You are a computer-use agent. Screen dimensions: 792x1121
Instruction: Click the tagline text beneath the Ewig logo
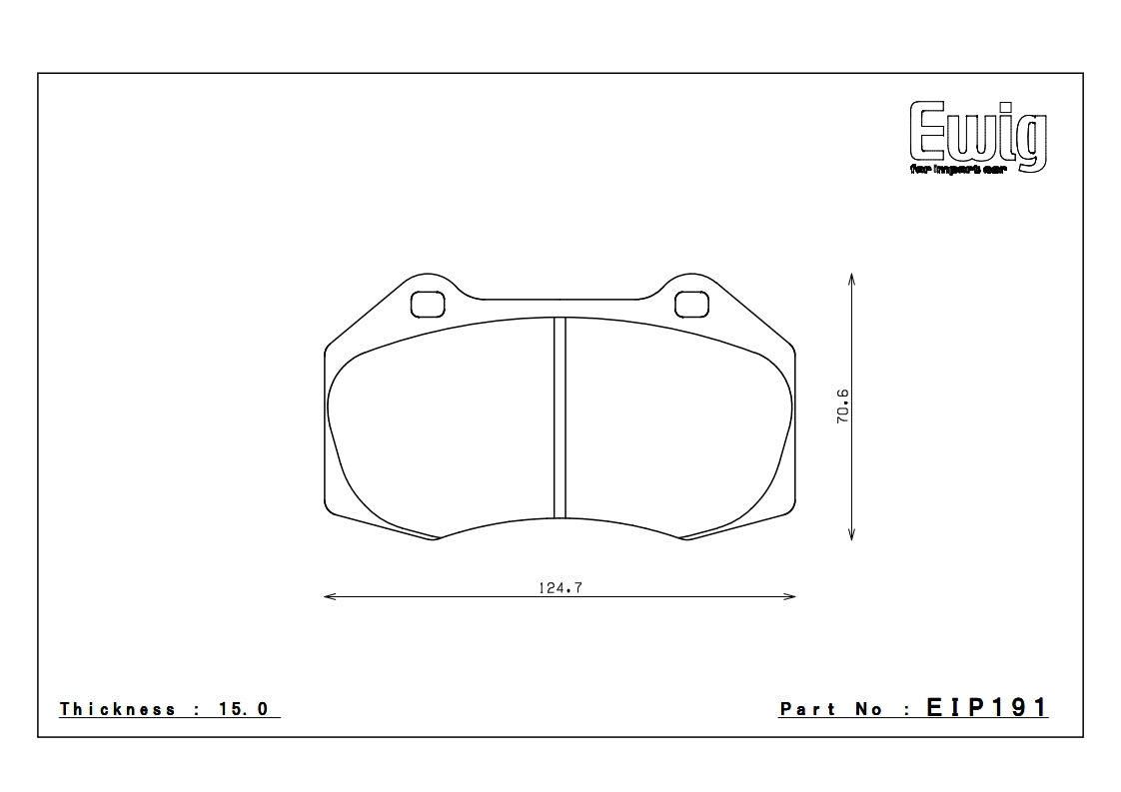(x=961, y=170)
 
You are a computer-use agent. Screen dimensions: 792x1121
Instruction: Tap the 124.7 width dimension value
(x=560, y=587)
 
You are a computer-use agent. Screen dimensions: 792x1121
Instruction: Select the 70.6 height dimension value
(x=842, y=407)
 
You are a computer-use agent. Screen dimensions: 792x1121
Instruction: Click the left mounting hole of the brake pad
(x=429, y=303)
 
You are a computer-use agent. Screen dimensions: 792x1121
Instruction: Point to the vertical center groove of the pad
(x=560, y=417)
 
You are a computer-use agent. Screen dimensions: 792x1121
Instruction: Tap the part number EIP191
(x=987, y=708)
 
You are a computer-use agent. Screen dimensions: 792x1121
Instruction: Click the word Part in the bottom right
(x=807, y=709)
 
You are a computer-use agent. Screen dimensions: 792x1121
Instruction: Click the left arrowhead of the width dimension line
(x=330, y=597)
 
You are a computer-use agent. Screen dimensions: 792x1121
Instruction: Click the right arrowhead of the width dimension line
(x=790, y=597)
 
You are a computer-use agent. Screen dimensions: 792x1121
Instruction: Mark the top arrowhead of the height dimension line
(x=850, y=277)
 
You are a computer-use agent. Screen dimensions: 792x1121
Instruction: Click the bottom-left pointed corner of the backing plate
(x=436, y=539)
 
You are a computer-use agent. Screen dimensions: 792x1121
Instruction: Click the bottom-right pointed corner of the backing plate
(x=686, y=539)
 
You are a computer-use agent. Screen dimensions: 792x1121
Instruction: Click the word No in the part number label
(x=869, y=709)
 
